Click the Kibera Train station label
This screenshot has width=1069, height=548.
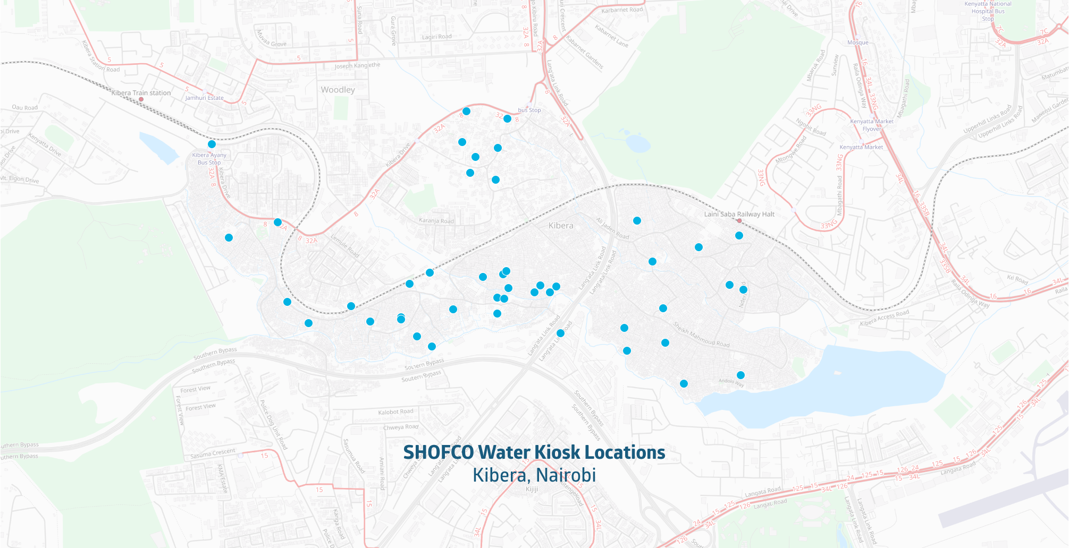coord(141,93)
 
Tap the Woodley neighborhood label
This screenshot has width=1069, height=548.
coord(338,90)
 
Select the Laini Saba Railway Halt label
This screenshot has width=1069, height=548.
coord(739,214)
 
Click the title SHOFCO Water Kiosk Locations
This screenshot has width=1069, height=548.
coord(534,452)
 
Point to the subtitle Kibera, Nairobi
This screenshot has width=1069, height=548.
coord(534,475)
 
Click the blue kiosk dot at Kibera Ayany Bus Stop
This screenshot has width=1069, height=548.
coord(212,144)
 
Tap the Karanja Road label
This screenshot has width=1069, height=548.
coord(436,221)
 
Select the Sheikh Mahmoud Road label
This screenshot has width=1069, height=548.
coord(701,335)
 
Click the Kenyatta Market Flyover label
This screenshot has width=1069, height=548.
coord(871,125)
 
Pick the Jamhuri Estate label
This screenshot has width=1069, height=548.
coord(205,98)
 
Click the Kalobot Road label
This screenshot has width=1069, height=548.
coord(395,412)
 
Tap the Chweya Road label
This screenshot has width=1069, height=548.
coord(401,427)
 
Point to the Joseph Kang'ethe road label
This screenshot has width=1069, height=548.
coord(357,66)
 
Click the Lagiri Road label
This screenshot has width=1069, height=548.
coord(436,37)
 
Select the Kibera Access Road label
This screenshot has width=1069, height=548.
coord(884,319)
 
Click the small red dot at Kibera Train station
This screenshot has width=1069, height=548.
coord(141,99)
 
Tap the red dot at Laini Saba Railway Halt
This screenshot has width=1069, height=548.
coord(739,220)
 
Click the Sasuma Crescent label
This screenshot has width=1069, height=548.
coord(213,453)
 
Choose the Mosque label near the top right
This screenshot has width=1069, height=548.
coord(857,42)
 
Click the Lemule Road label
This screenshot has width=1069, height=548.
coord(345,246)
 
